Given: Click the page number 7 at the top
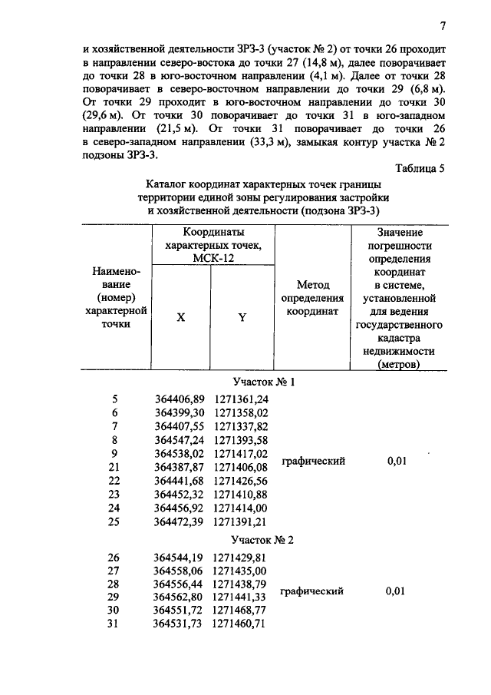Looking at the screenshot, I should point(443,26).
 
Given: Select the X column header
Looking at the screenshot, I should point(181,317).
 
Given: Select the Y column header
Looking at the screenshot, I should point(242,317).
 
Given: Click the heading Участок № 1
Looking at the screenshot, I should point(263,381).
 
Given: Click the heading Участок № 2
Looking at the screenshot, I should point(263,540).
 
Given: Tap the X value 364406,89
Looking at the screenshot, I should point(180,399).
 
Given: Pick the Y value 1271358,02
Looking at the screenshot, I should point(241,412).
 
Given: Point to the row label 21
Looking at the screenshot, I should point(114,467).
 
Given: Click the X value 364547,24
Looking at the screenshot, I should point(180,440).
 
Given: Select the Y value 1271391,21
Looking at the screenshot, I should point(241,522).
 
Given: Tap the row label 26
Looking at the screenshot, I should point(114,558).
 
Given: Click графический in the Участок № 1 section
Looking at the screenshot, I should point(313,461).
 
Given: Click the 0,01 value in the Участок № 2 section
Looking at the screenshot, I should point(397,592).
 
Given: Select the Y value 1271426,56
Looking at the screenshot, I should point(241,481).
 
